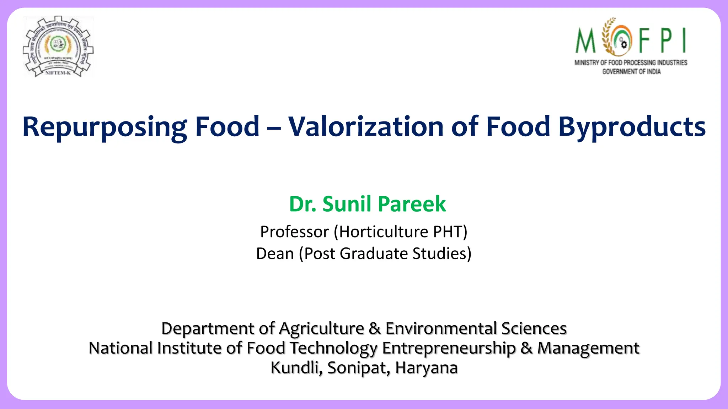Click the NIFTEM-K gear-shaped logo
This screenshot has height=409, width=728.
(58, 46)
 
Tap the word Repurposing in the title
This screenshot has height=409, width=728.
(105, 127)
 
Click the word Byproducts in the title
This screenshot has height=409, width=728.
(632, 127)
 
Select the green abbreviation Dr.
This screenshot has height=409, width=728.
(303, 204)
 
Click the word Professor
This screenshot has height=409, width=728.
(294, 232)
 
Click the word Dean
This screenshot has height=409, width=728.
(275, 254)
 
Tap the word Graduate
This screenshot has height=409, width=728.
(373, 254)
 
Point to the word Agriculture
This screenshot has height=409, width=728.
(321, 329)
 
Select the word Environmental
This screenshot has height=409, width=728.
(441, 328)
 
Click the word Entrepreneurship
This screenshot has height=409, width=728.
(449, 348)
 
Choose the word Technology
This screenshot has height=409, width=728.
(333, 348)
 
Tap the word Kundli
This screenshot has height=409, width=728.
(296, 368)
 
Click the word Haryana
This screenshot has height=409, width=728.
(426, 368)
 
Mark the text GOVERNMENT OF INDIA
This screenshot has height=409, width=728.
(631, 72)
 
